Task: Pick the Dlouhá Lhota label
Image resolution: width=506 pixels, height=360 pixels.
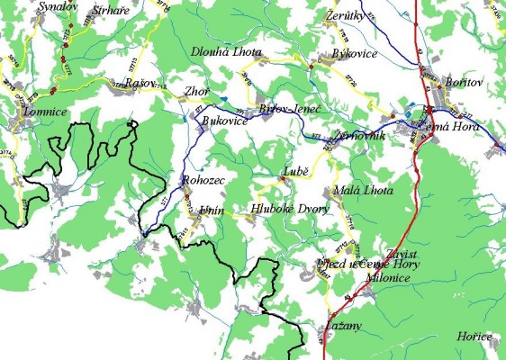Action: click(x=226, y=52)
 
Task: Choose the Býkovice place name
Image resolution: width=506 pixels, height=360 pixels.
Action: click(x=353, y=54)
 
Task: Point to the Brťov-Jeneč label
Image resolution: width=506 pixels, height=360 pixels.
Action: click(x=290, y=108)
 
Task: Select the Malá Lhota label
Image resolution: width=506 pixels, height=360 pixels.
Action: click(x=357, y=191)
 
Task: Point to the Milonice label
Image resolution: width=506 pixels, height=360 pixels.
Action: click(x=389, y=279)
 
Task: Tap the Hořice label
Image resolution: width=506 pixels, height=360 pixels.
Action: click(x=474, y=337)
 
